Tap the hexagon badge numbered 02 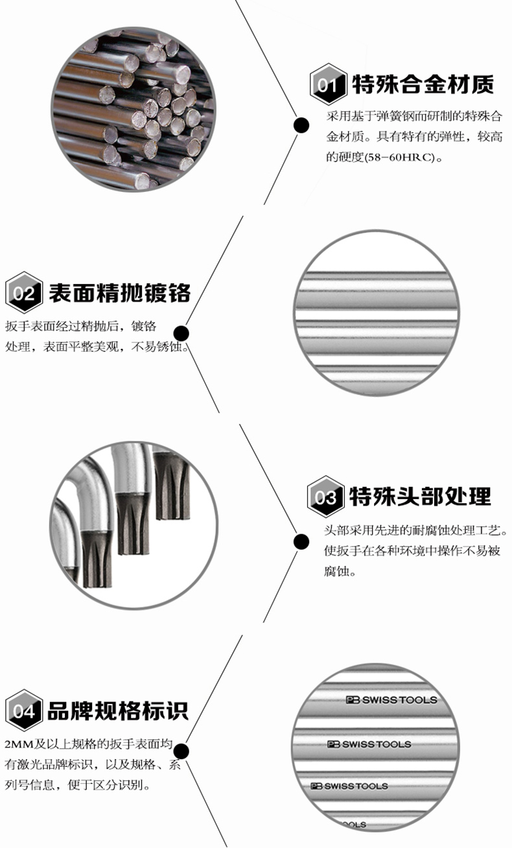24,294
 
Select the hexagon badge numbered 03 325,498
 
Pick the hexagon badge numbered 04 24,711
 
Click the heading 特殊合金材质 423,84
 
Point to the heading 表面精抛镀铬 119,292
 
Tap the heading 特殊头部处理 420,497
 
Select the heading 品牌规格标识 117,710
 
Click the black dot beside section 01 301,125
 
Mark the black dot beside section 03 301,541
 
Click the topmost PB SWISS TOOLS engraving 391,700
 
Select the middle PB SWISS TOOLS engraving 369,744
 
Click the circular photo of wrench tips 133,526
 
